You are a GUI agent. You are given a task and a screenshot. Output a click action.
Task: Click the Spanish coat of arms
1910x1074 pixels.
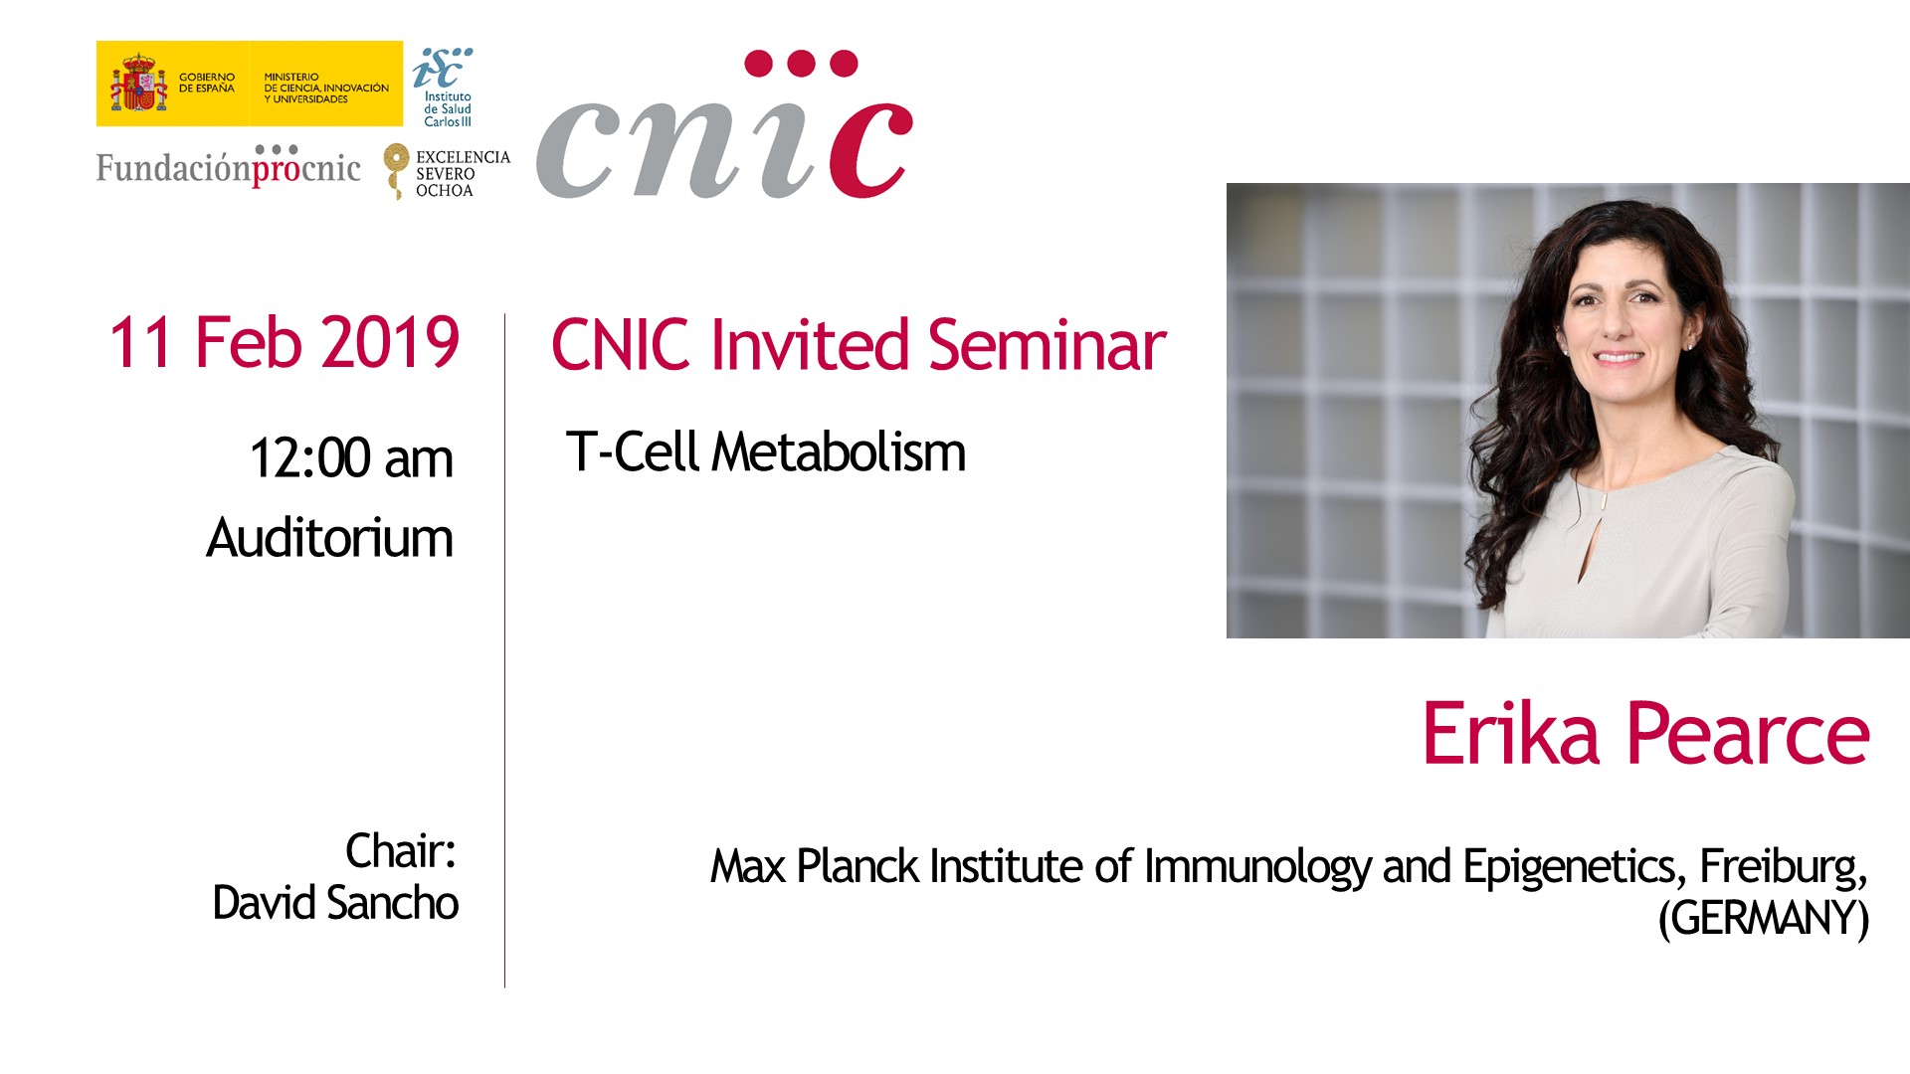coord(138,84)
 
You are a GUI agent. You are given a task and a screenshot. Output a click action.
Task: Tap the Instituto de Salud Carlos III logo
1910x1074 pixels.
coord(444,88)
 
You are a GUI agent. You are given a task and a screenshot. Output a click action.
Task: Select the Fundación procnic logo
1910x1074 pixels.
coord(228,166)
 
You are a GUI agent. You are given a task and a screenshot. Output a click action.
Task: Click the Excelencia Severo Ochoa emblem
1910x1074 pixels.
coord(447,172)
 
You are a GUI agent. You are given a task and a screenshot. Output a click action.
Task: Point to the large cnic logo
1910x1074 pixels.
coord(724,125)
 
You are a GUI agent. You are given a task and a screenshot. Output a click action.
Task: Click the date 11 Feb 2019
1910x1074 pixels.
coord(284,343)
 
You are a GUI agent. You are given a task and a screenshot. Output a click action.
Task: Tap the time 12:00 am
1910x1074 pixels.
coord(351,458)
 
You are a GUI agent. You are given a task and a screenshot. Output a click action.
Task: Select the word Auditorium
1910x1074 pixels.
coord(329,538)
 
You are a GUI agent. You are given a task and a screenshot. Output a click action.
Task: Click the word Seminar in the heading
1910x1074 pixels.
coord(1047,345)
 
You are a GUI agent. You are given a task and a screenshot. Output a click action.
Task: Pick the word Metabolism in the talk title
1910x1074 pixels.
coord(839,452)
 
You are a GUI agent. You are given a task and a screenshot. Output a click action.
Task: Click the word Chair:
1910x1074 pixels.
coord(400,851)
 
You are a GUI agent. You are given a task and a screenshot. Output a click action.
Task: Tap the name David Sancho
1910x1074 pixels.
coord(335,903)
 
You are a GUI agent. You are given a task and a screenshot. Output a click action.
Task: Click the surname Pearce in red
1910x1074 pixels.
coord(1748,734)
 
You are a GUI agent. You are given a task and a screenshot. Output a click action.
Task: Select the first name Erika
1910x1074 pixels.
coord(1511,734)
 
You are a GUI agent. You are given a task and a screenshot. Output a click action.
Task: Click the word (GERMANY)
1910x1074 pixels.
coord(1763,918)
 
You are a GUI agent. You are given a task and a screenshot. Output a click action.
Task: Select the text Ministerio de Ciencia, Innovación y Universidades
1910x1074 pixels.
coord(326,88)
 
